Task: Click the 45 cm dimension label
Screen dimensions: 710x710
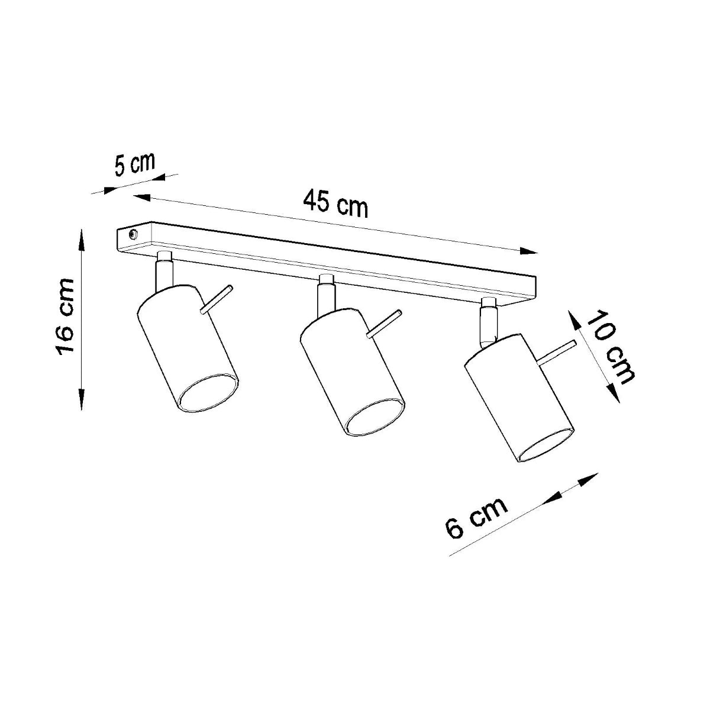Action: tap(335, 204)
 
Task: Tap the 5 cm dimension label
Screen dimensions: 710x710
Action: tap(134, 164)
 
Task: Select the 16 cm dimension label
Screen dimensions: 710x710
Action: tap(64, 317)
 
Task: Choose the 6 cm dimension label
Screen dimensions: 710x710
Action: tap(476, 517)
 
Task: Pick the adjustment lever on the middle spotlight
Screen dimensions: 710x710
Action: tap(384, 324)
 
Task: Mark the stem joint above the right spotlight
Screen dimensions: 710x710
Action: tap(489, 322)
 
